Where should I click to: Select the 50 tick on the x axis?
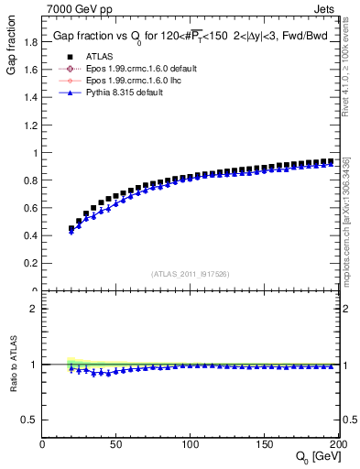click(116, 444)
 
